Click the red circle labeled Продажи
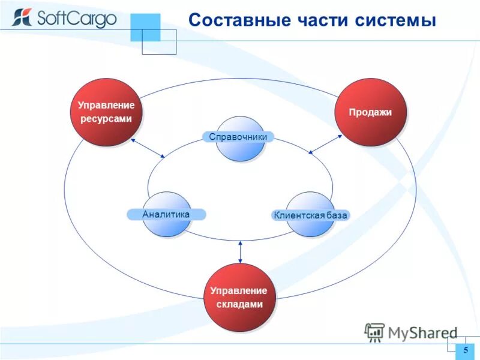click(370, 112)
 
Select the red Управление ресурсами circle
click(106, 112)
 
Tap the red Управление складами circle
click(239, 297)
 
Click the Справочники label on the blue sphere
click(238, 137)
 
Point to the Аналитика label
click(166, 214)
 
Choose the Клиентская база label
click(310, 215)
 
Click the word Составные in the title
click(237, 20)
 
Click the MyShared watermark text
click(422, 332)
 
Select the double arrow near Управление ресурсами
click(148, 148)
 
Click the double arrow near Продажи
click(325, 144)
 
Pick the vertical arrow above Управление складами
click(240, 251)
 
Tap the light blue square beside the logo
click(145, 27)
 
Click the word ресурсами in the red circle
click(106, 119)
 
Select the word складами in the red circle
click(239, 304)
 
